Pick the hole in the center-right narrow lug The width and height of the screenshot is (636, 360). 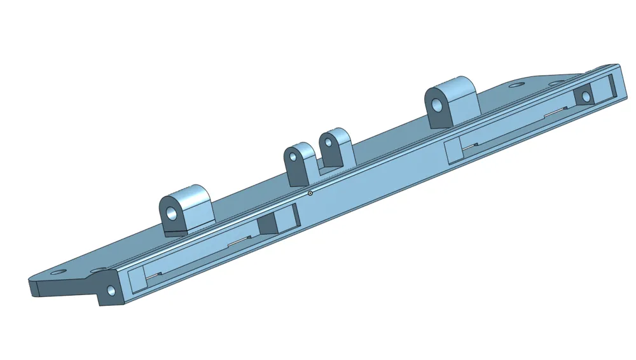pos(329,142)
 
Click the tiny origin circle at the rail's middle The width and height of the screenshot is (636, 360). pos(310,193)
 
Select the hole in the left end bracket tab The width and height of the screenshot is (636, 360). pos(112,291)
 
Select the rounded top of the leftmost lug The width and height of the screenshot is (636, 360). pos(191,193)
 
